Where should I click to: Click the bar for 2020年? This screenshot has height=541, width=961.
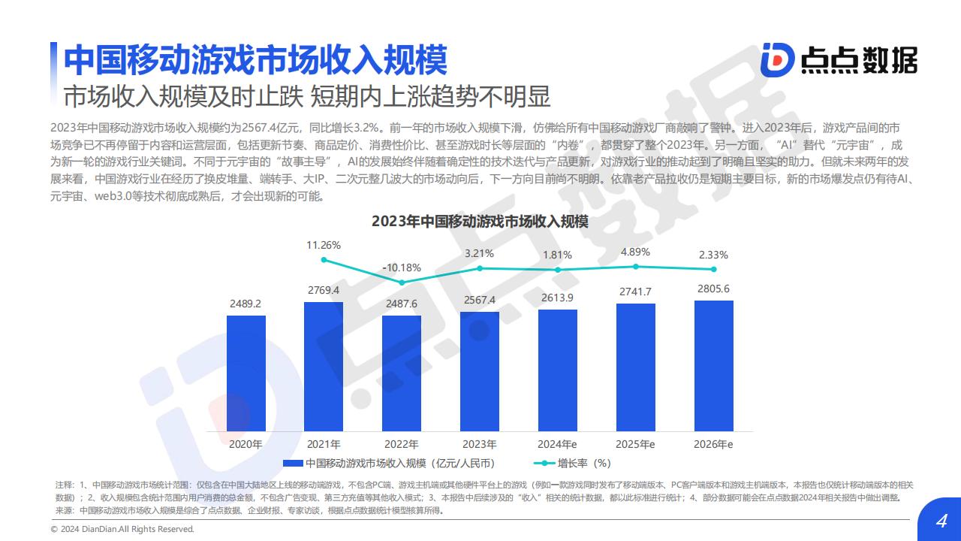246,372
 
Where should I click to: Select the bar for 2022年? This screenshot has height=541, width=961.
402,372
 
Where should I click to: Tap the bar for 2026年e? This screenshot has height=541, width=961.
713,365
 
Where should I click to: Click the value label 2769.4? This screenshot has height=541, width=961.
324,290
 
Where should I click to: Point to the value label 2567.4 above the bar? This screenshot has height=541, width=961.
480,300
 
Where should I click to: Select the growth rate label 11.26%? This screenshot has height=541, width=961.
324,245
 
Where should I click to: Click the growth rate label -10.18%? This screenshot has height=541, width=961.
402,267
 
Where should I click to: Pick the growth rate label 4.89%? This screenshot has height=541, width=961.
635,252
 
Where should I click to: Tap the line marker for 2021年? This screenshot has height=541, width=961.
324,260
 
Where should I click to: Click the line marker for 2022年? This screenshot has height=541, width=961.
402,283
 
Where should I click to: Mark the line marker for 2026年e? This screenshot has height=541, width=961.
713,269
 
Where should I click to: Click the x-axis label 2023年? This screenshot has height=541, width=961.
480,444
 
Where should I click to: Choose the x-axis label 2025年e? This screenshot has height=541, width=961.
635,444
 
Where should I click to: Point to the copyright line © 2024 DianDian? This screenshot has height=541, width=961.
122,529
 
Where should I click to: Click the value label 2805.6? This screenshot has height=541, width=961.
713,289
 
